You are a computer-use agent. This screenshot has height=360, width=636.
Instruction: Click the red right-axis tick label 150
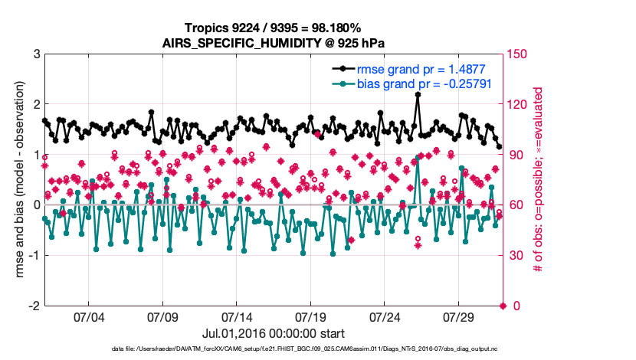tap(518, 54)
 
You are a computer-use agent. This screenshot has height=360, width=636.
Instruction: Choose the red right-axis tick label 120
tap(518, 105)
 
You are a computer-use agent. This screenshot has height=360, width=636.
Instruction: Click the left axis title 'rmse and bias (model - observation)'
tap(17, 180)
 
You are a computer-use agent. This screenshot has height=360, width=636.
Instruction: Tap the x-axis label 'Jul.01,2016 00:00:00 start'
tap(274, 334)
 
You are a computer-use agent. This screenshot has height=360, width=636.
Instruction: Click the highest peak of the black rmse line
tap(418, 94)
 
